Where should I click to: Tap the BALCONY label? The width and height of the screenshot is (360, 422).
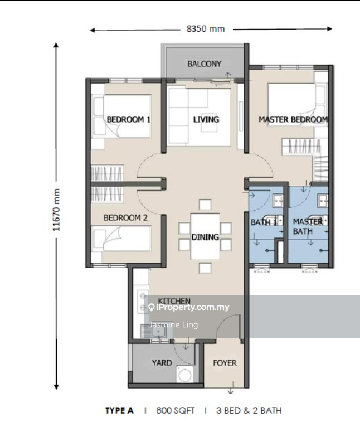pos(204,64)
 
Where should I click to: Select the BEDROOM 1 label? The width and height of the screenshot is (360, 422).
pos(129,119)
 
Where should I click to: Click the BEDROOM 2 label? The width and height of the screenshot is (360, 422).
pos(125,218)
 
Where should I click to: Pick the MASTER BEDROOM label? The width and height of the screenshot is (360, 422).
pos(293,119)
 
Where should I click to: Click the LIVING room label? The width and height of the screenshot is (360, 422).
pos(206,119)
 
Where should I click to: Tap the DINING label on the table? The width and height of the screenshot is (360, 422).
pos(205,237)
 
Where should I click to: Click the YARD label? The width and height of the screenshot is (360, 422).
pos(162,363)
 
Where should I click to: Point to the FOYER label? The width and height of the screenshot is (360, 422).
pos(225,363)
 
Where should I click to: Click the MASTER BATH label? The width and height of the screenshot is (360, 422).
pos(308,226)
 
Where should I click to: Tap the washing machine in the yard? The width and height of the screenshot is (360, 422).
pos(182,374)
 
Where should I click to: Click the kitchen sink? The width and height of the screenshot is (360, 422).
pos(158,333)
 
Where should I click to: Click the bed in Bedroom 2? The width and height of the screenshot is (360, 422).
pos(121,239)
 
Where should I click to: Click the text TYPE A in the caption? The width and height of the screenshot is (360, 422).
pos(119,411)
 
